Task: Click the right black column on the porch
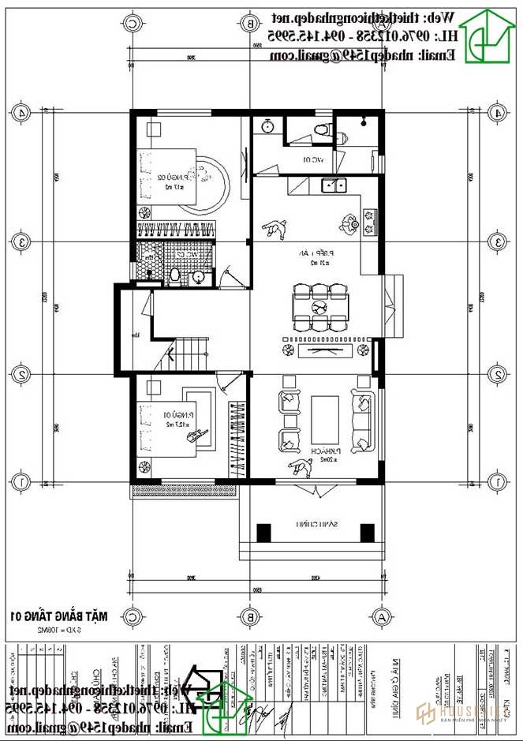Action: pyautogui.click(x=366, y=533)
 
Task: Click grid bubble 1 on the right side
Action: pyautogui.click(x=498, y=481)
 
